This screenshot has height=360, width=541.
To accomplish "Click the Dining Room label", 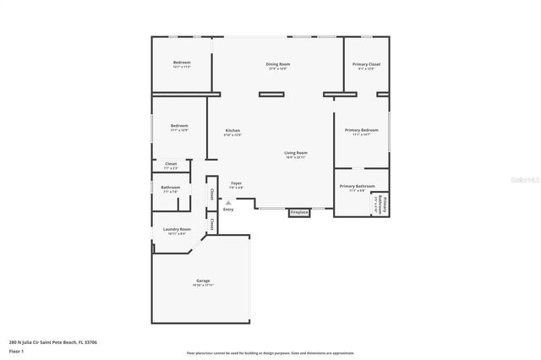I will [x=278, y=64].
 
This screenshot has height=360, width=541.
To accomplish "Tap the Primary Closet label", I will [x=366, y=64].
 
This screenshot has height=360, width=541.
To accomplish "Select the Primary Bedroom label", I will [x=361, y=130].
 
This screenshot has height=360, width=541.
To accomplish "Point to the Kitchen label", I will [x=232, y=130].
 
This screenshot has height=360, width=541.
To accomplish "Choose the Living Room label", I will [x=295, y=153].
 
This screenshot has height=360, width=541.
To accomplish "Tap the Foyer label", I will [x=237, y=183].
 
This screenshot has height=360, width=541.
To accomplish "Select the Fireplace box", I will [x=299, y=212].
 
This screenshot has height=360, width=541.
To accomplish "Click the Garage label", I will [x=203, y=281].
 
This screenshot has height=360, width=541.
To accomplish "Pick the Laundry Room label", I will [x=177, y=229].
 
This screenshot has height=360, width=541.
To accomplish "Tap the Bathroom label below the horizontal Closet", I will [x=171, y=188].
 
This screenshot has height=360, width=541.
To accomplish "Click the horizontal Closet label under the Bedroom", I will [x=171, y=164].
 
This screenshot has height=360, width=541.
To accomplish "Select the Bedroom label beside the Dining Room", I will [x=182, y=63].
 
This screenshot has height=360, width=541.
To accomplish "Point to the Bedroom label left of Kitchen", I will [x=179, y=126].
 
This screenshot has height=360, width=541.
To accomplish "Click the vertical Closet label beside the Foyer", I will [x=211, y=194].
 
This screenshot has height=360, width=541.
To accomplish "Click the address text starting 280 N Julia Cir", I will [x=52, y=342].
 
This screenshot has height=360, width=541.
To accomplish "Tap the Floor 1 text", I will [x=17, y=351].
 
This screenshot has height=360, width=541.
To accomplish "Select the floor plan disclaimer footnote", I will [x=270, y=353].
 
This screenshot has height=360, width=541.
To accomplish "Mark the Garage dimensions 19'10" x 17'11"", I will [x=203, y=286].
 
